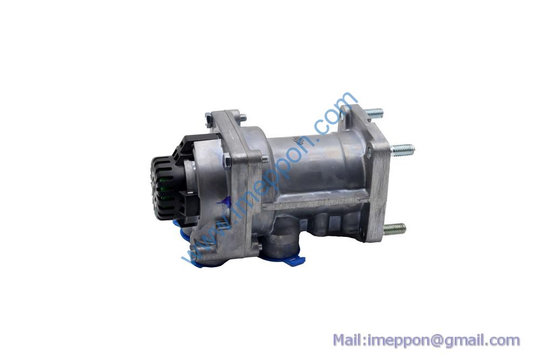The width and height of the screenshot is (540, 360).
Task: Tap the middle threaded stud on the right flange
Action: click(402, 150)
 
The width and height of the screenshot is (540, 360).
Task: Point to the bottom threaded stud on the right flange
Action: click(394, 228)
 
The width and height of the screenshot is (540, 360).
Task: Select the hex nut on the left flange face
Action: click(227, 161)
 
